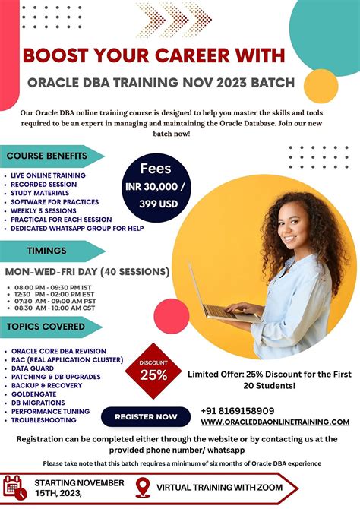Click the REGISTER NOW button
point(146,416)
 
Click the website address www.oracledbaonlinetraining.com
point(276,422)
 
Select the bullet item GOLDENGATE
point(36,394)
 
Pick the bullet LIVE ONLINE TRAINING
point(48,175)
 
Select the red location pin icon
point(141,488)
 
